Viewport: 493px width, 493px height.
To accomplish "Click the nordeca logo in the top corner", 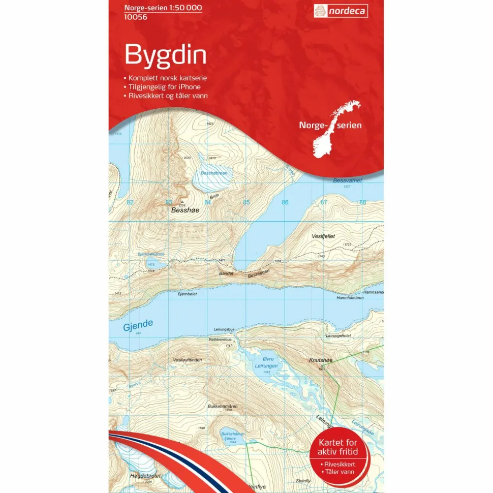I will [341, 11].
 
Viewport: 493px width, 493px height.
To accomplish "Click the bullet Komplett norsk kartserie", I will [167, 78].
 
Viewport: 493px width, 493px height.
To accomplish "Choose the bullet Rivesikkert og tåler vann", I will [168, 96].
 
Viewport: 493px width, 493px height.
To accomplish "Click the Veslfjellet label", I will [325, 236].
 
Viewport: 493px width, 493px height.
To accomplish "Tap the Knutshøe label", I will [320, 360].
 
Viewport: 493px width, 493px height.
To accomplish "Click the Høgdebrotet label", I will [145, 476].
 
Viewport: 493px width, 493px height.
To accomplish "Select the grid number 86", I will [285, 202].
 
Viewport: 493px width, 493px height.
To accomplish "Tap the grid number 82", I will [130, 202].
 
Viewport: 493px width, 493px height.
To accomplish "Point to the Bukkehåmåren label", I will [222, 407].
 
